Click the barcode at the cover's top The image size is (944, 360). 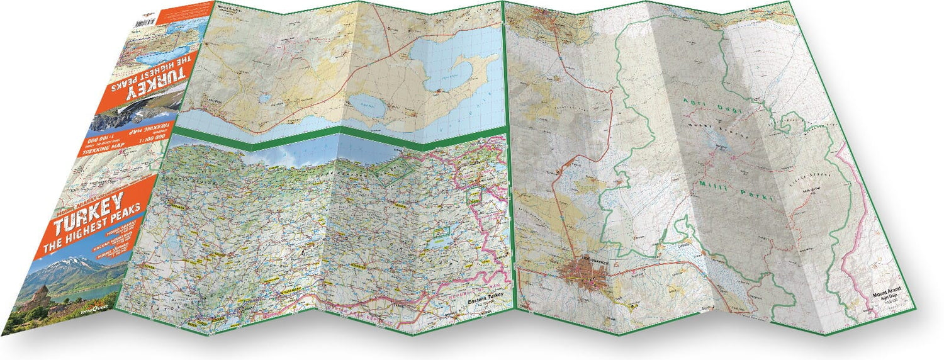tap(147, 20)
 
